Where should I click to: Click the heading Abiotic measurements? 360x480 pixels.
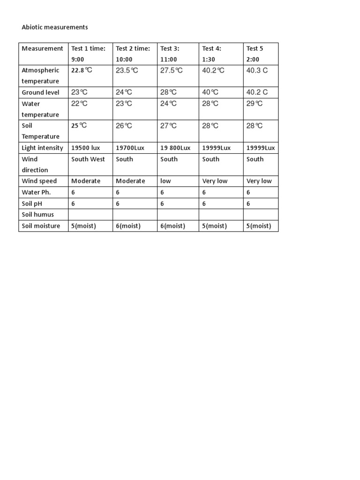point(55,27)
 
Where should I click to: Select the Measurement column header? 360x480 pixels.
point(42,48)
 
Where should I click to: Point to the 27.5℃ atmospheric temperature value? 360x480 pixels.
point(172,70)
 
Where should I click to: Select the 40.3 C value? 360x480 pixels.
point(257,70)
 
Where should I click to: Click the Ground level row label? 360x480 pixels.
point(40,92)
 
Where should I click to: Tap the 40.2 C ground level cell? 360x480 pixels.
point(257,92)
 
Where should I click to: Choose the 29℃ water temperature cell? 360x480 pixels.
point(255,104)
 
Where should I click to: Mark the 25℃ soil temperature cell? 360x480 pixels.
point(79,126)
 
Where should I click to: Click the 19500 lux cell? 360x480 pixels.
point(85,148)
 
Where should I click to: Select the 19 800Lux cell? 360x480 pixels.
point(175,148)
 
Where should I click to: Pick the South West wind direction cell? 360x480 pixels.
point(88,159)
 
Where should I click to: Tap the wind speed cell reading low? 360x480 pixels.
point(165,181)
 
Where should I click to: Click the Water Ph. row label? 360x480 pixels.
point(36,192)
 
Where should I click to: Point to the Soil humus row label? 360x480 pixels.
point(38,215)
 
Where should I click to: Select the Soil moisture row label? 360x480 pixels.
point(41,226)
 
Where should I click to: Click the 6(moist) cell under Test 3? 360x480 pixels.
point(172,226)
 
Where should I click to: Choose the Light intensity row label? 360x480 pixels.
point(42,148)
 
